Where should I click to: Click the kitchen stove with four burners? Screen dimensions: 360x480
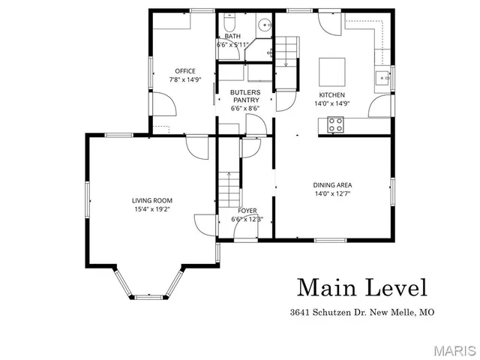pos(335,125)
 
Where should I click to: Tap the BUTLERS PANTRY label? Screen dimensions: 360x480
pos(245,96)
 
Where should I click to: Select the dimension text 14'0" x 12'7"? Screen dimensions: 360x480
pos(332,193)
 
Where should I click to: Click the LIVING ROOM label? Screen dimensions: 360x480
pos(152,200)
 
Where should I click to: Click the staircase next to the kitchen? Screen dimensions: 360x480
pos(286,56)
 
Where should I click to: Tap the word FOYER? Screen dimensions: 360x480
pos(247,211)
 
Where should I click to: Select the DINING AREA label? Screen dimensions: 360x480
pos(332,184)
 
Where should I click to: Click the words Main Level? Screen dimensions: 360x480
pos(362,287)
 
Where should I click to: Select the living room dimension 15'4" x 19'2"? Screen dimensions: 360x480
pos(152,209)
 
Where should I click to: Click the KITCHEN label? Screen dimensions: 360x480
pos(331,95)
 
